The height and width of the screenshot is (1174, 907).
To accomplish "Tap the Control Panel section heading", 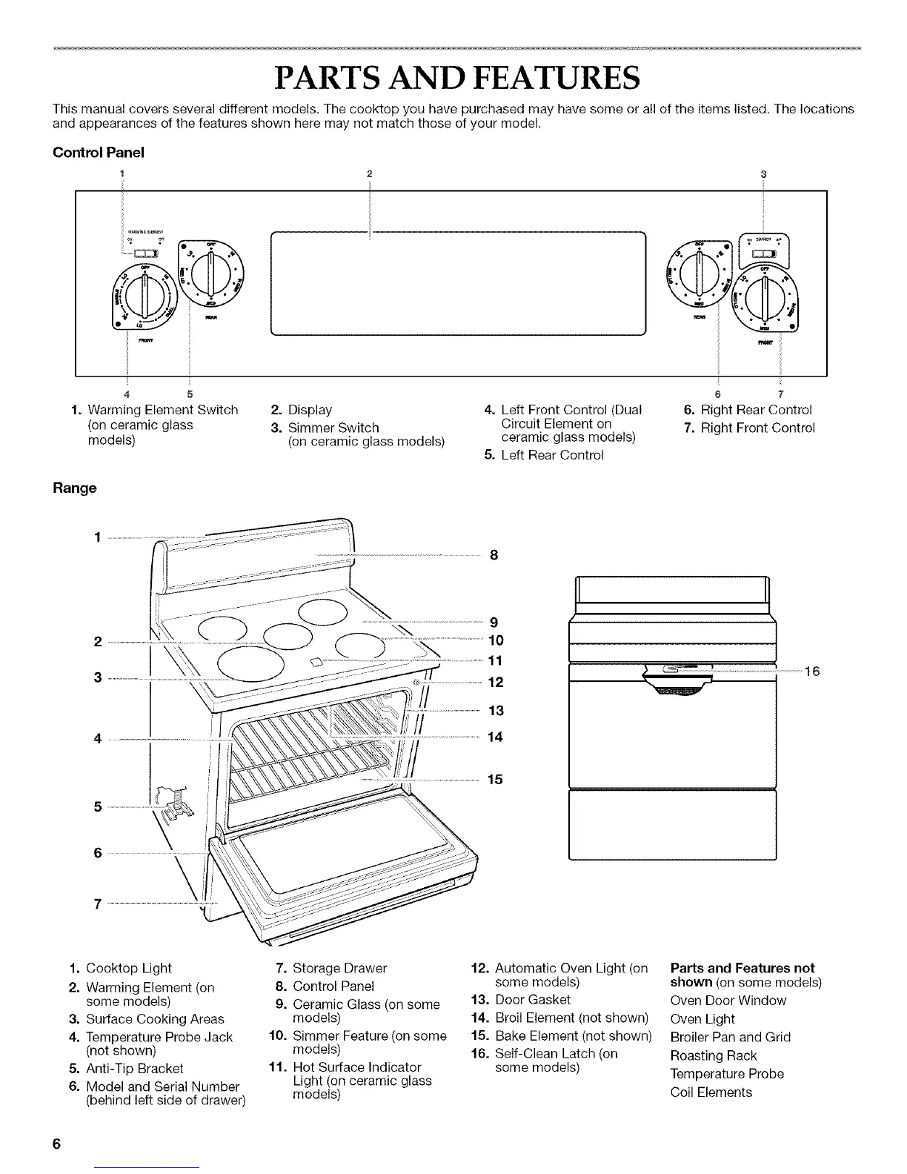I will tap(98, 153).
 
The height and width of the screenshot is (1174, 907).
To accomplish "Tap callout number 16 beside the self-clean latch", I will tap(812, 671).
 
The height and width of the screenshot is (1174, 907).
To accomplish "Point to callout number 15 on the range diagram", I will tap(495, 779).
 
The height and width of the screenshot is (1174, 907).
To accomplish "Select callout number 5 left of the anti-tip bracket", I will tap(98, 806).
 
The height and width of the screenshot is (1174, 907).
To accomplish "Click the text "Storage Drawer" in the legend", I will tap(340, 968).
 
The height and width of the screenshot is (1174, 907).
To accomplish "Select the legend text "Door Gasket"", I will tap(533, 999).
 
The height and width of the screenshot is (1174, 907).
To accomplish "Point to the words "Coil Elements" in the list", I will tap(711, 1092).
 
